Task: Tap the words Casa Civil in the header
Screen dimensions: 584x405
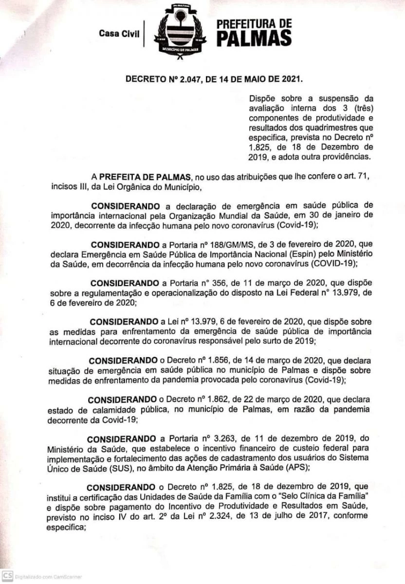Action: tap(119, 34)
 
